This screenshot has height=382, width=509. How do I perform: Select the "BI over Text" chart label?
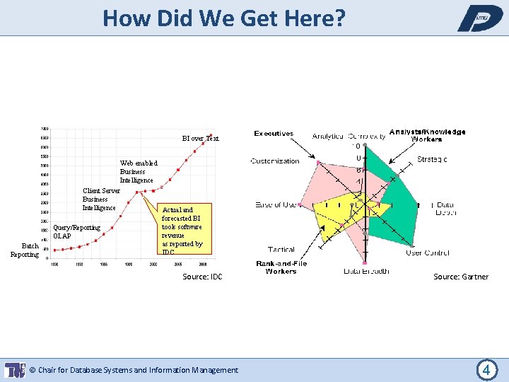click(x=200, y=139)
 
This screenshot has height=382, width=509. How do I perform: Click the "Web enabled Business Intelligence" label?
click(x=138, y=171)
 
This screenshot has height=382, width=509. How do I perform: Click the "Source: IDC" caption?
click(x=202, y=277)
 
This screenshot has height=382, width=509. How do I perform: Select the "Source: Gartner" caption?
click(x=460, y=277)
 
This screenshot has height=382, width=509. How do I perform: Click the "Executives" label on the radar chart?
click(x=274, y=133)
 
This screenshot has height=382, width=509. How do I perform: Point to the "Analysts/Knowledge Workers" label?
click(x=427, y=135)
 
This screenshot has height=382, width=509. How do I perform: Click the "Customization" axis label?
click(x=275, y=161)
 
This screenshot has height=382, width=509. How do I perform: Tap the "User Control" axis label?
click(x=427, y=253)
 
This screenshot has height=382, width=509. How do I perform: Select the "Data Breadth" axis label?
click(x=366, y=271)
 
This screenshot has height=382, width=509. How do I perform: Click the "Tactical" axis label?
click(x=281, y=250)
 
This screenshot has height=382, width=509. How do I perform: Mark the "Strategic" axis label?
click(x=432, y=159)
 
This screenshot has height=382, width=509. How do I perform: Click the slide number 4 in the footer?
click(x=486, y=369)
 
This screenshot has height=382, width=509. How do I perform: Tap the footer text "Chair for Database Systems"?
click(x=134, y=370)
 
